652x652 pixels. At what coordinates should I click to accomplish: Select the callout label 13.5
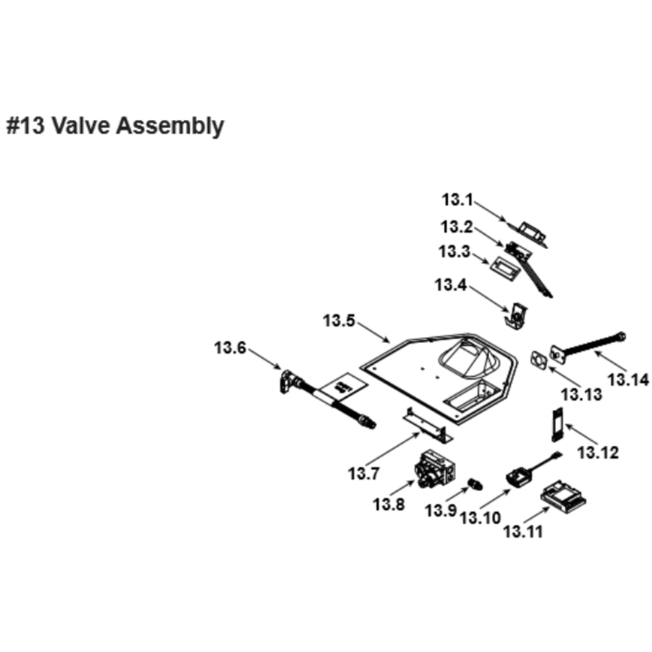click(x=339, y=321)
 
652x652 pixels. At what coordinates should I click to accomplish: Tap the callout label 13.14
click(x=629, y=379)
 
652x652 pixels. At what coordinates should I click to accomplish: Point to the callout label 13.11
click(x=523, y=531)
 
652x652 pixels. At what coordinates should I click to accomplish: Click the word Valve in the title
click(x=81, y=126)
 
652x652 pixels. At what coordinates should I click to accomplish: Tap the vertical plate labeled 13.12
click(x=557, y=426)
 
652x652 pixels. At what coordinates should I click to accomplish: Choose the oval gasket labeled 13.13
click(x=539, y=359)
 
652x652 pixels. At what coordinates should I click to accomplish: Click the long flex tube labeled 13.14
click(x=590, y=345)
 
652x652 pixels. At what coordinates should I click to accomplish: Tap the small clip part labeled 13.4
click(x=516, y=314)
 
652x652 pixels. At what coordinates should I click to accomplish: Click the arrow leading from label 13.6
click(x=264, y=359)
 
